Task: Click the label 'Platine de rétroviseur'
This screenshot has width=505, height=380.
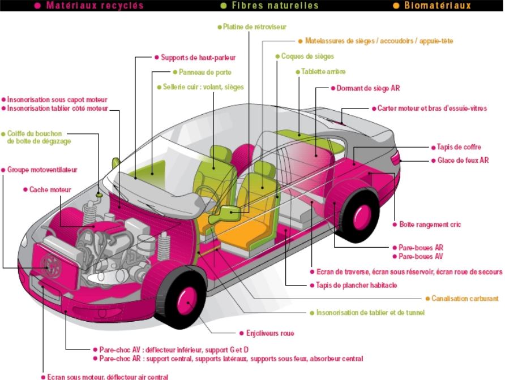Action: point(255,27)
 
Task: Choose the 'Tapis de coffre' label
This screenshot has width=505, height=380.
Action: point(459,146)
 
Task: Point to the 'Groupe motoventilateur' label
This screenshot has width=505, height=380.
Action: point(42,170)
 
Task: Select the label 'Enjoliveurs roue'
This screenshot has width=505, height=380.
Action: point(270,333)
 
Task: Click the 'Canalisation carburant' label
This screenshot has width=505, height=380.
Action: point(465,299)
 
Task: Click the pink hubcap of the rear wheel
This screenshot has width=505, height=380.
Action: point(362,216)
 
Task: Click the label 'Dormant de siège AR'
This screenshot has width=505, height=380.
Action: point(368,88)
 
